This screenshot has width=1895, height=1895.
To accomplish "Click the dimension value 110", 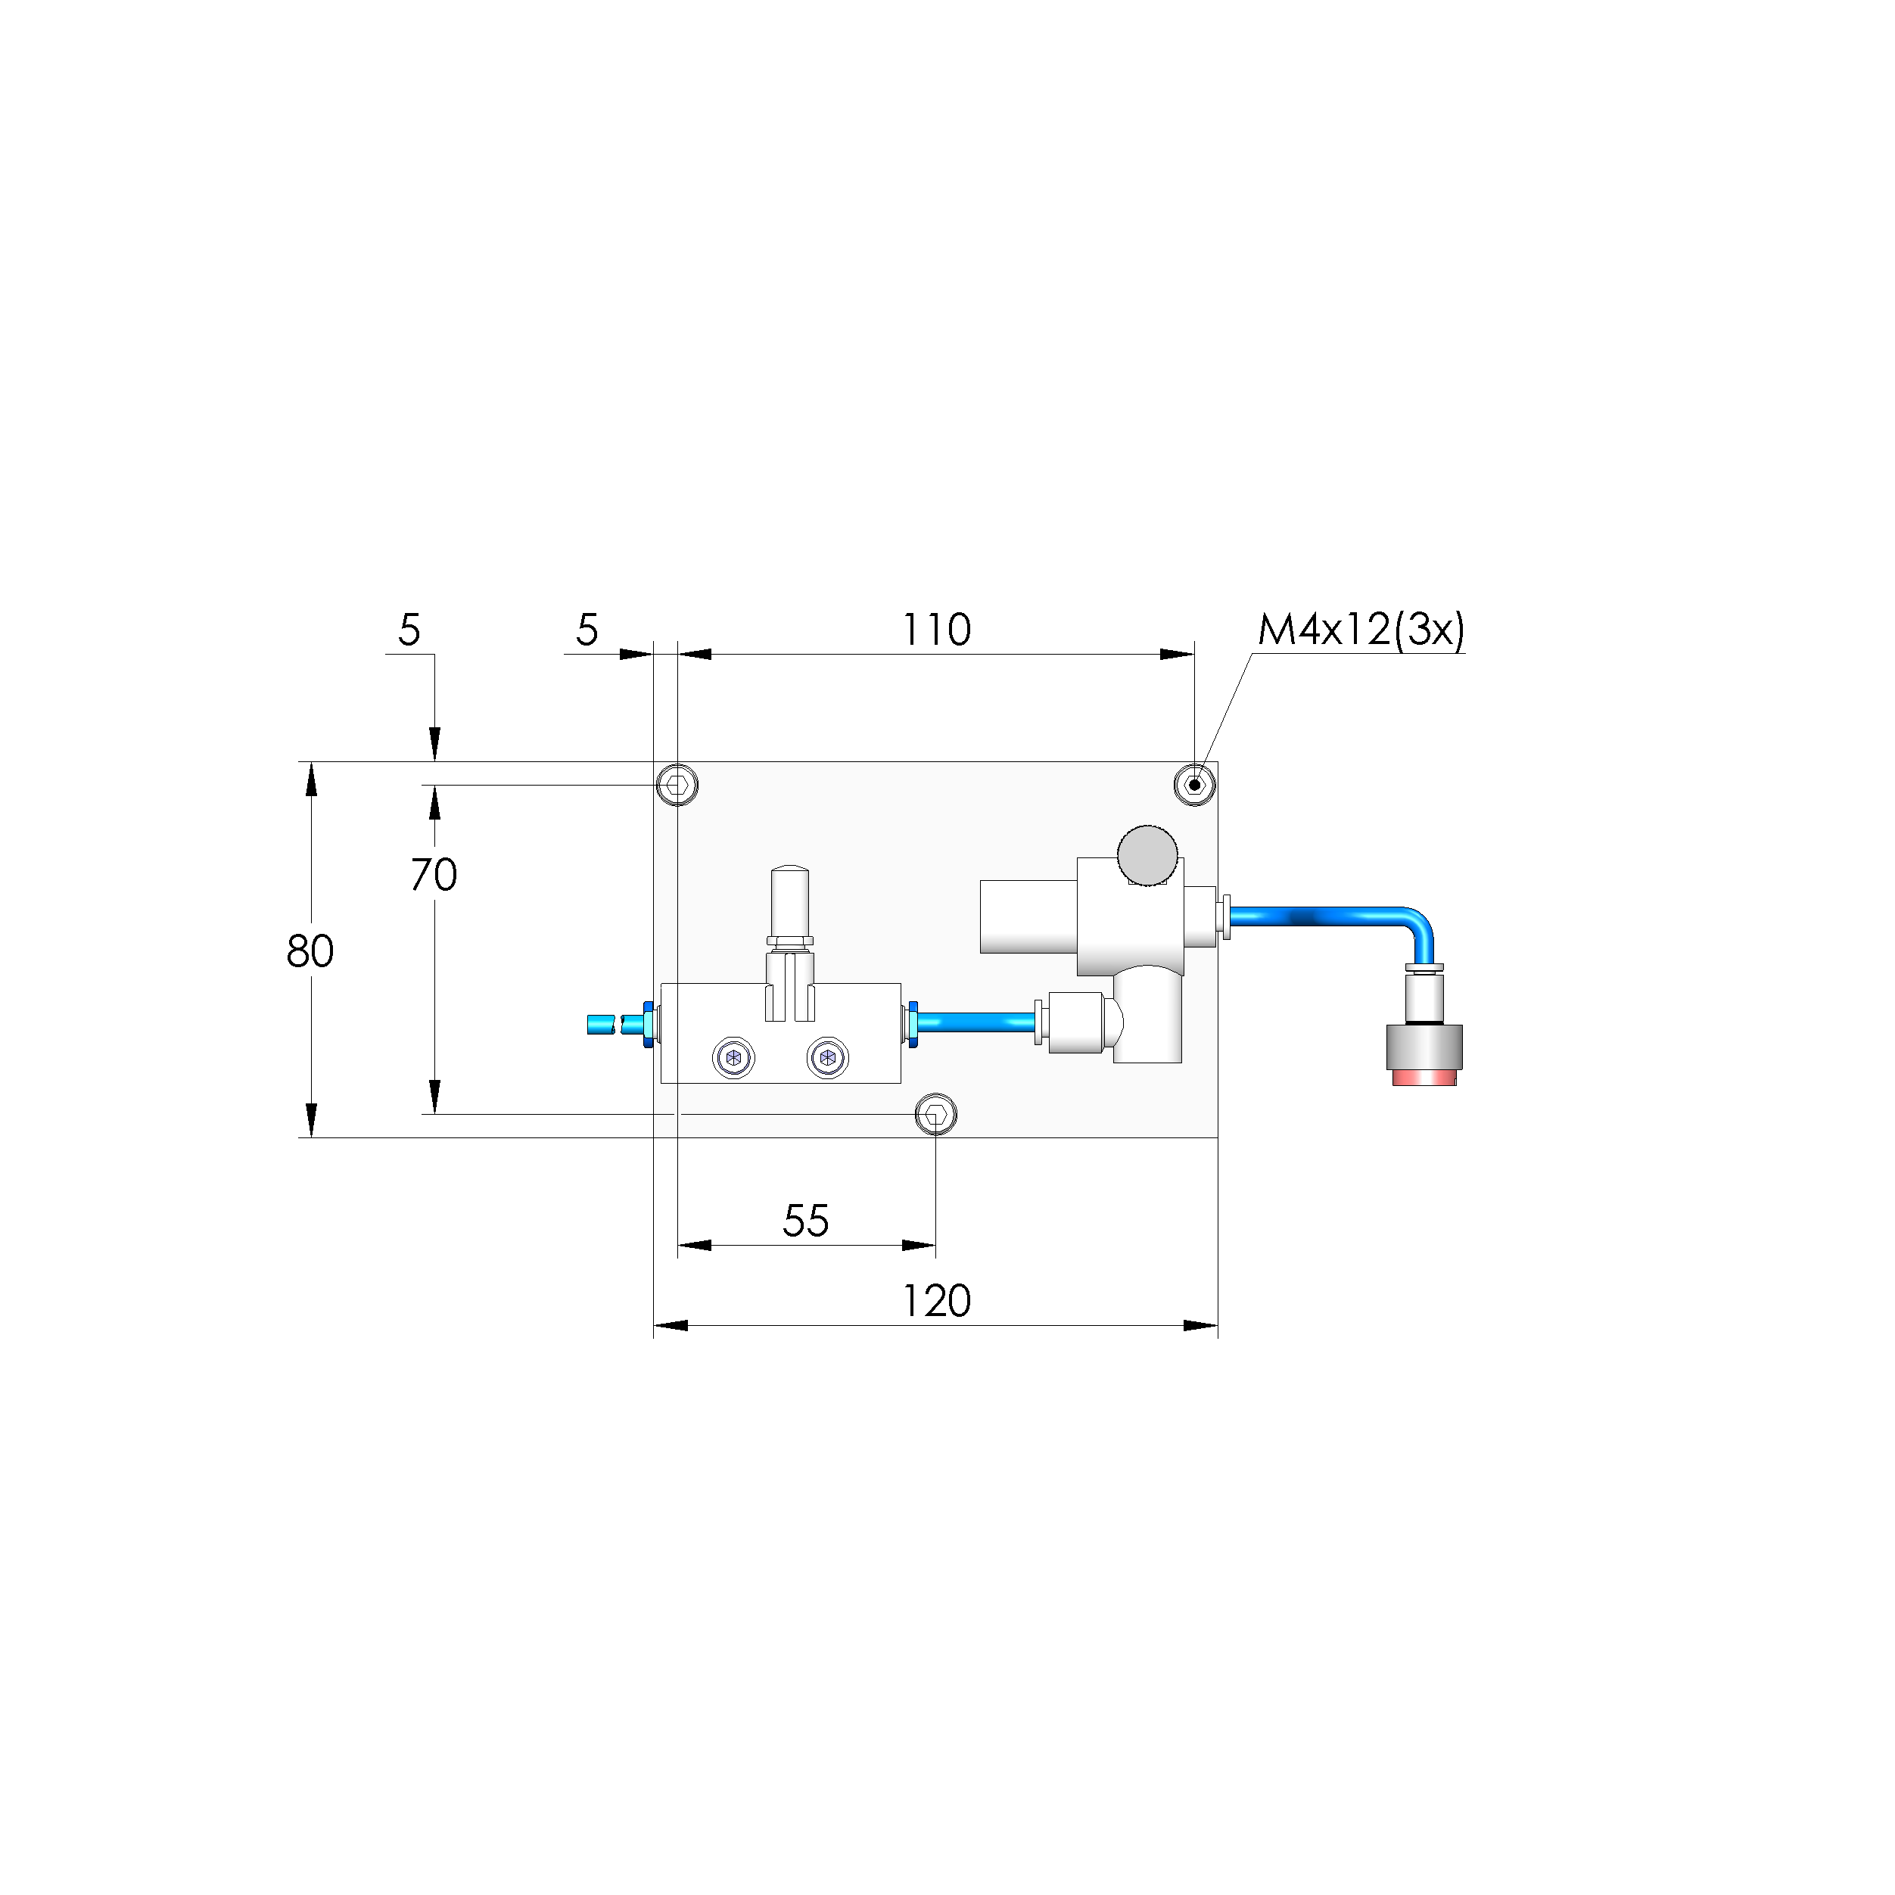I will pyautogui.click(x=935, y=630).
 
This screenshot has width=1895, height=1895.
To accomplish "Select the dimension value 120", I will pyautogui.click(x=935, y=1302).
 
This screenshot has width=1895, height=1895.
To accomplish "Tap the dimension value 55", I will pyautogui.click(x=805, y=1221).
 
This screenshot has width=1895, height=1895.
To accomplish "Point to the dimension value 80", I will pyautogui.click(x=310, y=951).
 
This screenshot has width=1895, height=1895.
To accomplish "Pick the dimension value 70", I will pyautogui.click(x=434, y=875).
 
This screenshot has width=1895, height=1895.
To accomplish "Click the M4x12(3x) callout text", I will pyautogui.click(x=1361, y=630).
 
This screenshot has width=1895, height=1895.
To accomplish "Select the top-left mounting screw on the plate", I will pyautogui.click(x=677, y=785).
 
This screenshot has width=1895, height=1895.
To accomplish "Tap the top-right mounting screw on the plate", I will pyautogui.click(x=1193, y=785).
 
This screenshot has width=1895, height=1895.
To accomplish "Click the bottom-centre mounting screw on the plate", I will pyautogui.click(x=935, y=1114).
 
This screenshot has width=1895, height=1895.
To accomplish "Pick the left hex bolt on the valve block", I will pyautogui.click(x=733, y=1058).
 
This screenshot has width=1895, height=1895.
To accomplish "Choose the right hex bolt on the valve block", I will pyautogui.click(x=827, y=1058).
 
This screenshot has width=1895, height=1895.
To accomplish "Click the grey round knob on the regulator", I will pyautogui.click(x=1147, y=855).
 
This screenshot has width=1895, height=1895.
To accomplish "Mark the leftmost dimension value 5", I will pyautogui.click(x=409, y=630).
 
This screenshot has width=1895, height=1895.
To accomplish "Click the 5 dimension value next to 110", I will pyautogui.click(x=587, y=630).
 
